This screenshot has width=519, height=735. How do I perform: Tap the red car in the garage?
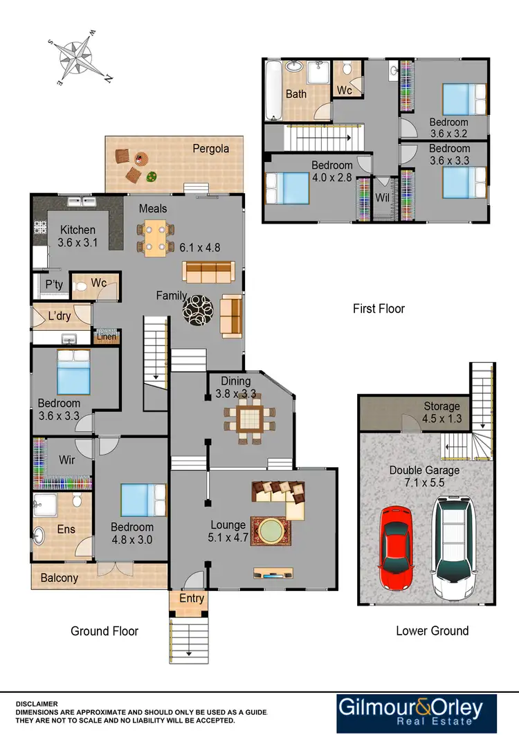point(396,546)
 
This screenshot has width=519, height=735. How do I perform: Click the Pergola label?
point(210,148)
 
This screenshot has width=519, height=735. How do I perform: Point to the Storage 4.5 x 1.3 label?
point(441,412)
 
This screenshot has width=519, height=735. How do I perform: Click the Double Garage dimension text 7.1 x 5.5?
point(424,482)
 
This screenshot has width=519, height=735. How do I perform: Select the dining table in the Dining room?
point(248,418)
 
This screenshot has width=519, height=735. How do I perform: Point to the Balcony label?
point(59,578)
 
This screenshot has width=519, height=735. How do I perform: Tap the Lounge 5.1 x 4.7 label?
point(228,532)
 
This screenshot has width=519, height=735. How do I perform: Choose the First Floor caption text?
point(379,309)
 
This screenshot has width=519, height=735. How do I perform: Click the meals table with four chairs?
point(155,237)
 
